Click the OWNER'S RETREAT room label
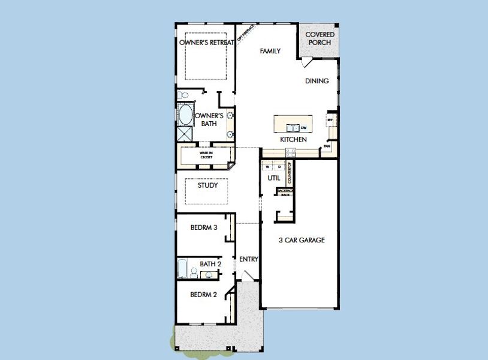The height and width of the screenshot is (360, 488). [x=206, y=43]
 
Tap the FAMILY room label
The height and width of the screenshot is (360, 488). [x=270, y=52]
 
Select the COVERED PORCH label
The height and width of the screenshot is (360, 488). [x=320, y=38]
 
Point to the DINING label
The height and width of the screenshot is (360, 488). [x=317, y=81]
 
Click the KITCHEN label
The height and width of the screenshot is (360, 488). [x=294, y=140]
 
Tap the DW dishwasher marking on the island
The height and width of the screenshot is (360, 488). [x=304, y=128]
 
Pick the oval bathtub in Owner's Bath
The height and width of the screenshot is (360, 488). [x=185, y=115]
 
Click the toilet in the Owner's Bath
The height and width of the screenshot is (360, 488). [x=183, y=95]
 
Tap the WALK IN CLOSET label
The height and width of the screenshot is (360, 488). [x=206, y=155]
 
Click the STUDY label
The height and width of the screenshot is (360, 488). [x=207, y=185]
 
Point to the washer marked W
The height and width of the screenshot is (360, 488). [x=268, y=167]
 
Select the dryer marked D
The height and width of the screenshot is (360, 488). [x=279, y=167]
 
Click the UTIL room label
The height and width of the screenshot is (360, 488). [x=274, y=179]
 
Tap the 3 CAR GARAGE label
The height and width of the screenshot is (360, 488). [x=302, y=241]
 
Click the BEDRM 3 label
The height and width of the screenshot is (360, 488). [x=203, y=227]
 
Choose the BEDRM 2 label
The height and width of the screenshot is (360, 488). [x=203, y=295]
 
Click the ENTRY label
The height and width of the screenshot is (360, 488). [x=248, y=259]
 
